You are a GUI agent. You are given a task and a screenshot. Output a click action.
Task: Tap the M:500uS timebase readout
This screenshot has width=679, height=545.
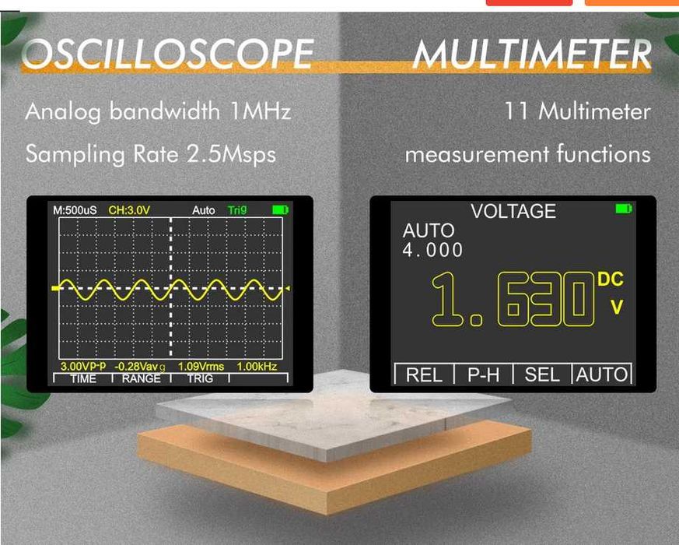coord(75,210)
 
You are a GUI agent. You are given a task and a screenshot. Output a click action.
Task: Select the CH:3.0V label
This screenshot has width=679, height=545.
coord(129,210)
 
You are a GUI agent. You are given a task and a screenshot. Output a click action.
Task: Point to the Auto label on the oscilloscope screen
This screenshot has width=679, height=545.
coord(204,210)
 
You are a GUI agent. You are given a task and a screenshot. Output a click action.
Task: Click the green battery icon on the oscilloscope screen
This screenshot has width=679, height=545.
coord(280,210)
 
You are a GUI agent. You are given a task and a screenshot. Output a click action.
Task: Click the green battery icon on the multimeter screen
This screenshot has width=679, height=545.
coord(623,209)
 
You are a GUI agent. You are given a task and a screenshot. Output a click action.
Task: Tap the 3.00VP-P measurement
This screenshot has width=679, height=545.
coord(83,366)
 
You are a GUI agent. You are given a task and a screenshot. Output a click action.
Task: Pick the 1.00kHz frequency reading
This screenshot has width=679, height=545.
coord(257,366)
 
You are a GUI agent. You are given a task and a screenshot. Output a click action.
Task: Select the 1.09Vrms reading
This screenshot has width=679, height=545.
coord(201,366)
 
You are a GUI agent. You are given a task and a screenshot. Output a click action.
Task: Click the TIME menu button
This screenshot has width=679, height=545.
coord(83,378)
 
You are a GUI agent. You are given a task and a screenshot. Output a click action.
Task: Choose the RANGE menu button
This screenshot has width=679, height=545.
coord(141,378)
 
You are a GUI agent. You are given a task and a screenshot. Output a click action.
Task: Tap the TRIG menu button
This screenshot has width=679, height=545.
coord(198,378)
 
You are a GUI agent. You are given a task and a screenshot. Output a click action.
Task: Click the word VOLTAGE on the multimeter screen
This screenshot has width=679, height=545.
coord(513,211)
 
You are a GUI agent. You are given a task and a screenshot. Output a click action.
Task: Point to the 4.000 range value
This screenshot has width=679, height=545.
coord(432,250)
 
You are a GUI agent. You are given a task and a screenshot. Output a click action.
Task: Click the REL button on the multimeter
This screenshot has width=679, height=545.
coord(424,374)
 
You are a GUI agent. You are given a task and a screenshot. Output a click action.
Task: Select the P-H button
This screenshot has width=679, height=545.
coord(484,374)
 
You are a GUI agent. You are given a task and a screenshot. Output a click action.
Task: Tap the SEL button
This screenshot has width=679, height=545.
coord(542,374)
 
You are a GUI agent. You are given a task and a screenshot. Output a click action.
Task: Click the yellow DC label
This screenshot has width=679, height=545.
coord(611,280)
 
